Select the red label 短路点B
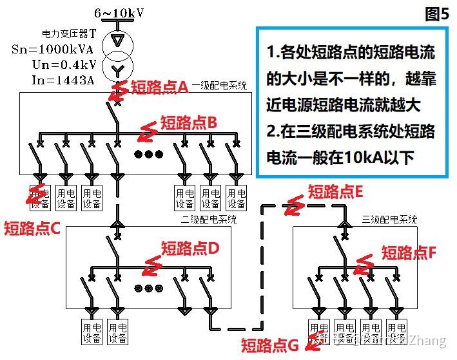188,122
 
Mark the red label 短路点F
409,252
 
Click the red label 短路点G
269,346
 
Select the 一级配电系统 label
219,85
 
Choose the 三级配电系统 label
389,219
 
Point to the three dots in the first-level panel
149,155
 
